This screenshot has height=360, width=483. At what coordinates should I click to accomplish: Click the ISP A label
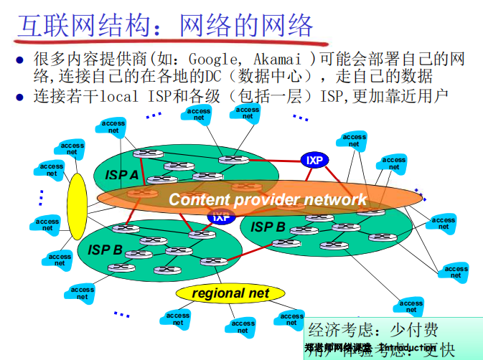pos(122,175)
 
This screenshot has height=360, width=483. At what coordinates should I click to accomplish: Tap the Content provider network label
pos(268,199)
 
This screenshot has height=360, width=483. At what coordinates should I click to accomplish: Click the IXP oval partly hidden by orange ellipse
pos(221,216)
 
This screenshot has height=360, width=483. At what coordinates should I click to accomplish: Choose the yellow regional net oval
pos(230,293)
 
